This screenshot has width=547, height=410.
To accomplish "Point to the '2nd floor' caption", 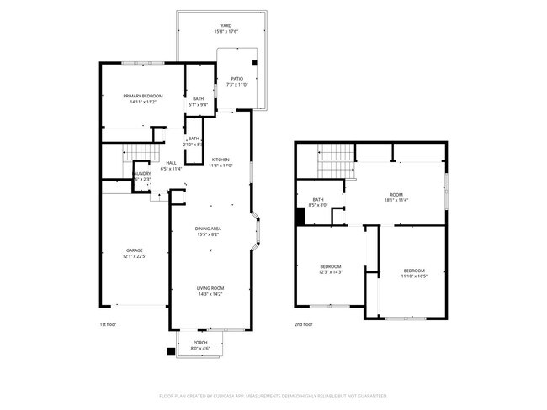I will click(x=304, y=323).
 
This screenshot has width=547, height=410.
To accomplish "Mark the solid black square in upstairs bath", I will click(x=300, y=216).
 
